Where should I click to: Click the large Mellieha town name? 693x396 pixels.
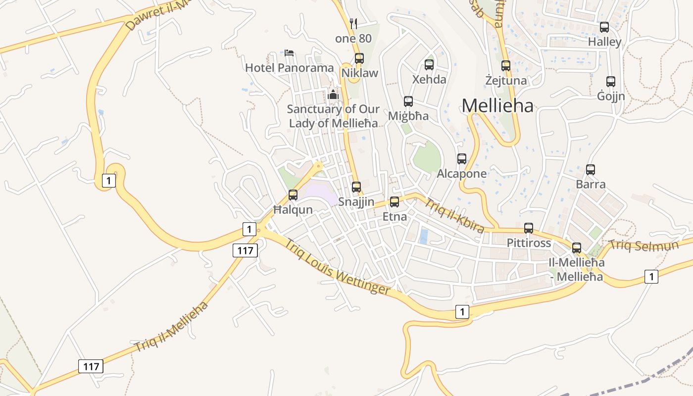click(497, 105)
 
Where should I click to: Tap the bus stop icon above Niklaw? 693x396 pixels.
click(359, 58)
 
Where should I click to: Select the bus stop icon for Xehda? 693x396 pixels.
click(429, 64)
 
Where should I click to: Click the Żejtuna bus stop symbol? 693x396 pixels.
click(505, 65)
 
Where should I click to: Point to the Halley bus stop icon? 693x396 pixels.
click(604, 27)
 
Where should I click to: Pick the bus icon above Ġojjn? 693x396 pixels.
click(611, 82)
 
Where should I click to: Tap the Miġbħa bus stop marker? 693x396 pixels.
click(408, 101)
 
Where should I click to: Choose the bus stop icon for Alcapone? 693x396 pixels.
click(462, 159)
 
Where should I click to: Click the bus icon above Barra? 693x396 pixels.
click(591, 170)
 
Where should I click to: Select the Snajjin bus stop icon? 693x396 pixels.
click(356, 187)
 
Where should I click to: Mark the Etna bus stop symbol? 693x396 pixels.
click(395, 202)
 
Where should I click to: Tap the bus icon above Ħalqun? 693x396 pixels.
click(293, 195)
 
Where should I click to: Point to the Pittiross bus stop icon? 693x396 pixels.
click(529, 228)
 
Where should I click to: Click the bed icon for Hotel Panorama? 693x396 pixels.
click(290, 53)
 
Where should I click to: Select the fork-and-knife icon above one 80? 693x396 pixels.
click(353, 23)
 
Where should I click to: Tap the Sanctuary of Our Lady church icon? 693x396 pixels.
click(333, 94)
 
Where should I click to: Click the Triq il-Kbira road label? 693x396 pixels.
click(454, 215)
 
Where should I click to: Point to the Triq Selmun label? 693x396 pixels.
click(643, 244)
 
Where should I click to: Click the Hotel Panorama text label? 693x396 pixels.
click(290, 68)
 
